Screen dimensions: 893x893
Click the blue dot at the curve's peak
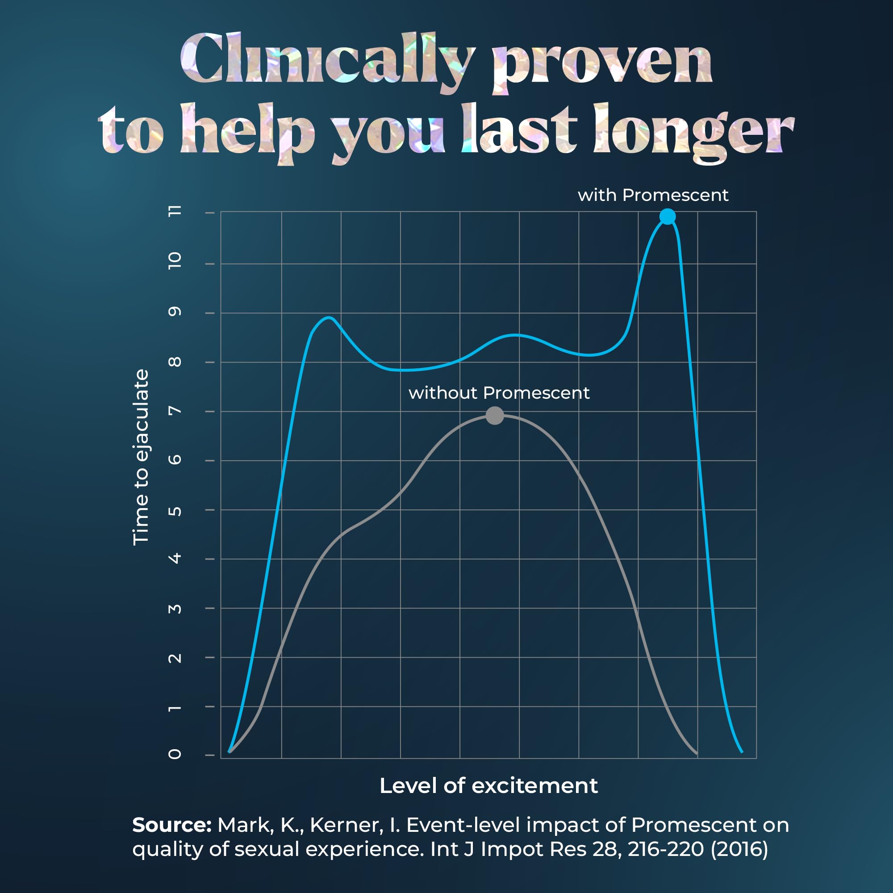(x=668, y=216)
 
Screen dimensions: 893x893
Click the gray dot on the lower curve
(x=495, y=416)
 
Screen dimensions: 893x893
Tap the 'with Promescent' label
(x=653, y=195)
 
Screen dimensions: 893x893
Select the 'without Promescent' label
(x=499, y=393)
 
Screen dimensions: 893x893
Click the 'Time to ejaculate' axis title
(x=141, y=457)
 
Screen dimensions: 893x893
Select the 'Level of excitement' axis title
(x=488, y=786)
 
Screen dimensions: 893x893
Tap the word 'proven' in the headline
(x=605, y=65)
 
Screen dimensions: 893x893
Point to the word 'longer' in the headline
(x=693, y=132)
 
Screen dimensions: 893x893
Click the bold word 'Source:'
(x=171, y=825)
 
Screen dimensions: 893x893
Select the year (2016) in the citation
(x=739, y=849)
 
